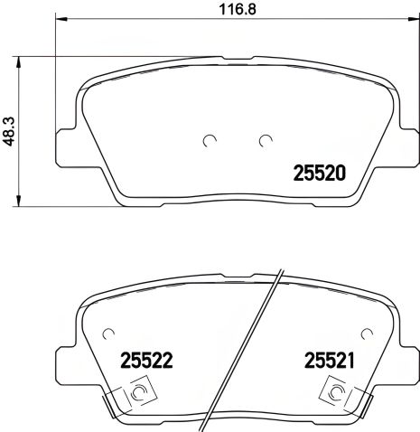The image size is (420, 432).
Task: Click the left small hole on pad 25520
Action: coord(209,140)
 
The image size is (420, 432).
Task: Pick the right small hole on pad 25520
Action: coord(265,140)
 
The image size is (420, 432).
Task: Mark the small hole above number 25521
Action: coord(366,331)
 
